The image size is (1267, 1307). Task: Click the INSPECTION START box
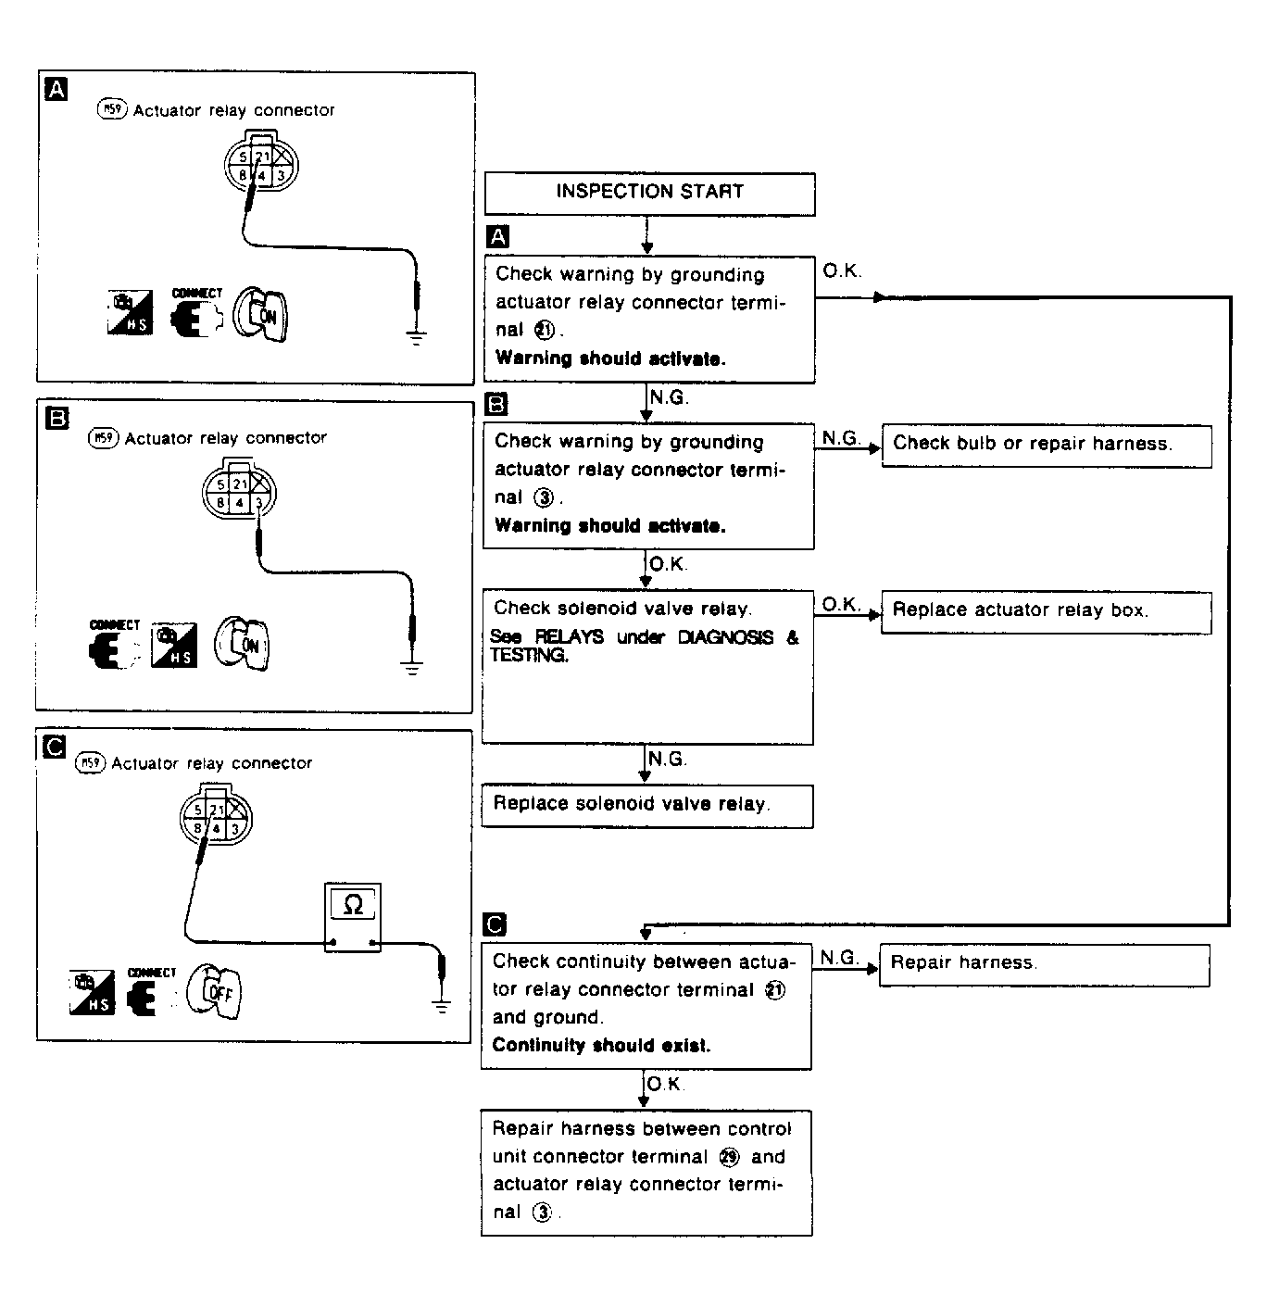[x=649, y=193]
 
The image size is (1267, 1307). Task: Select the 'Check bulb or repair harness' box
[x=1046, y=445]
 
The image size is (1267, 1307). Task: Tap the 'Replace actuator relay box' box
[x=1046, y=611]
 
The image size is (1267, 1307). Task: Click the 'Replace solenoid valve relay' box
[x=646, y=805]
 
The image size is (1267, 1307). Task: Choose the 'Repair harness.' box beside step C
[x=1044, y=964]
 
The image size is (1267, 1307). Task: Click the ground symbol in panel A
[x=418, y=336]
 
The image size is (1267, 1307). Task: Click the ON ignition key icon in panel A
[x=263, y=315]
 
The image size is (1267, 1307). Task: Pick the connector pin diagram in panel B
[x=240, y=493]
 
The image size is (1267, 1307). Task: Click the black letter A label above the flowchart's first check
[x=498, y=236]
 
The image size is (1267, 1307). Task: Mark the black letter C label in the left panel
[x=55, y=746]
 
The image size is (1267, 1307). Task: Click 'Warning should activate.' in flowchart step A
[x=610, y=358]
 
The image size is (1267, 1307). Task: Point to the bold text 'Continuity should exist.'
[x=601, y=1046]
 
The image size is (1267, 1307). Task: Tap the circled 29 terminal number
[x=730, y=1157]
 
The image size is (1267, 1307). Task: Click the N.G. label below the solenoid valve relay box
[x=667, y=760]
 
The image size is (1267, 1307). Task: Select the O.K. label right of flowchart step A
[x=842, y=271]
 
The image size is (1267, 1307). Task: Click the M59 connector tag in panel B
[x=103, y=438]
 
